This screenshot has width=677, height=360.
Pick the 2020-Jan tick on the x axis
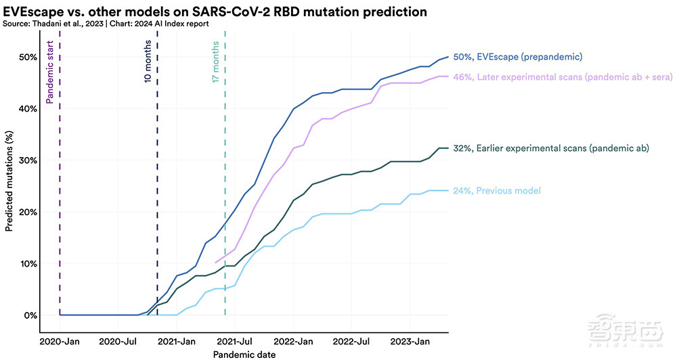pyautogui.click(x=60, y=340)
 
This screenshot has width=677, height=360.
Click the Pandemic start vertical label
pyautogui.click(x=50, y=72)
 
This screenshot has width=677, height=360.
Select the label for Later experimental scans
pyautogui.click(x=561, y=77)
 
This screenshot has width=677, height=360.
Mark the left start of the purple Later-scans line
pyautogui.click(x=215, y=262)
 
